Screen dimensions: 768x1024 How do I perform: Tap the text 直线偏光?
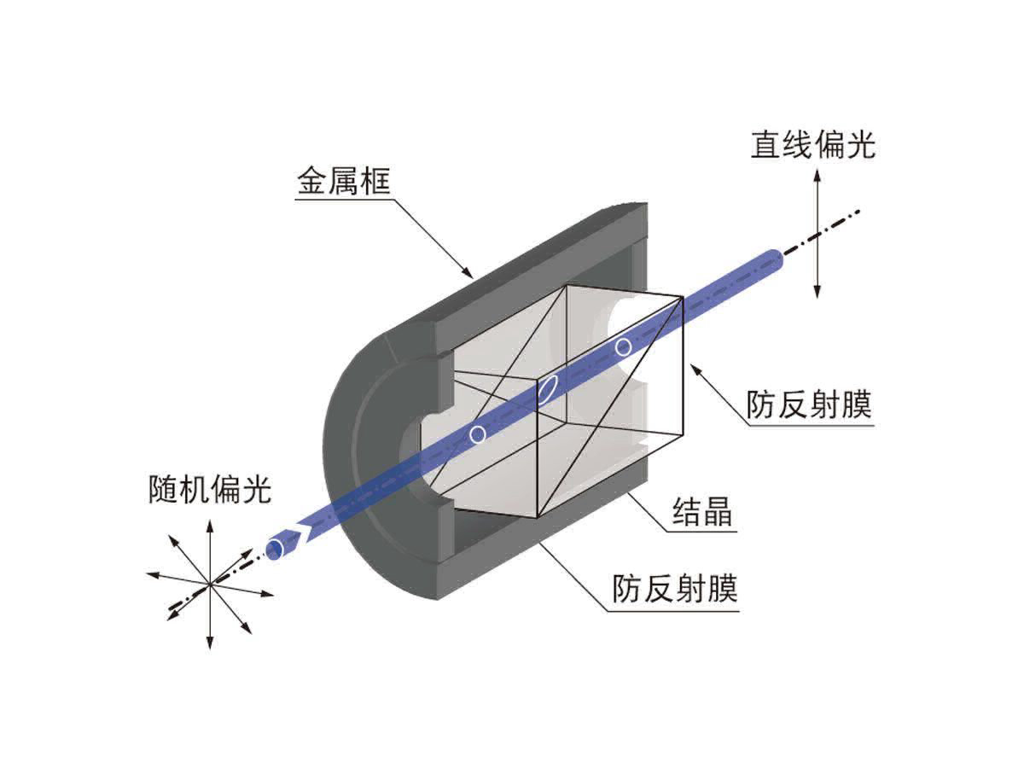coord(812,144)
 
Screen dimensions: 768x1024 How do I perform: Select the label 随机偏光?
coord(208,490)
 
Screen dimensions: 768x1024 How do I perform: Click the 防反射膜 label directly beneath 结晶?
coord(675,589)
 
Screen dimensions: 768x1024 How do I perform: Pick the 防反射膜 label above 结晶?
coord(809,404)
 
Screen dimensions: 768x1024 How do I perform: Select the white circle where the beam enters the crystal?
coord(478,434)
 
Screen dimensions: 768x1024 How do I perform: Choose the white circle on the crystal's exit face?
coord(624,346)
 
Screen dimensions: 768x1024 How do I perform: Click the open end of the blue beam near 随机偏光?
coord(275,549)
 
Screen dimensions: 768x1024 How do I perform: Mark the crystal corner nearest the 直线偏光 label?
coord(682,297)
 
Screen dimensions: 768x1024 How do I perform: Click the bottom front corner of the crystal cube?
coord(537,518)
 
